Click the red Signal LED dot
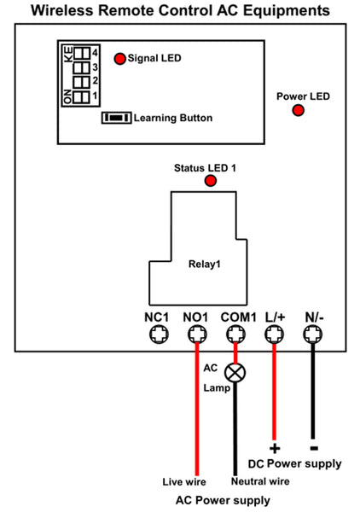pos(119,59)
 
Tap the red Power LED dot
pos(298,110)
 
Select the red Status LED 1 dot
pos(211,181)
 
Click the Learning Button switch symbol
pos(117,118)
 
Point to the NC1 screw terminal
pos(159,335)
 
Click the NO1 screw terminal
pos(197,335)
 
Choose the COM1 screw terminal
pos(236,335)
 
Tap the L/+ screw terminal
pos(274,335)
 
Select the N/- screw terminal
pos(313,335)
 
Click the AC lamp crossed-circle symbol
pos(235,373)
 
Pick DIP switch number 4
pos(82,53)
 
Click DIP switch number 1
pos(82,97)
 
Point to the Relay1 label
pos(205,264)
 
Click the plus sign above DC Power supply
pos(275,448)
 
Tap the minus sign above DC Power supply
pos(314,448)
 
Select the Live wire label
pos(184,481)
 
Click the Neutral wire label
pos(260,481)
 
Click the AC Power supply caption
pos(223,501)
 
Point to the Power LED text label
pos(303,96)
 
